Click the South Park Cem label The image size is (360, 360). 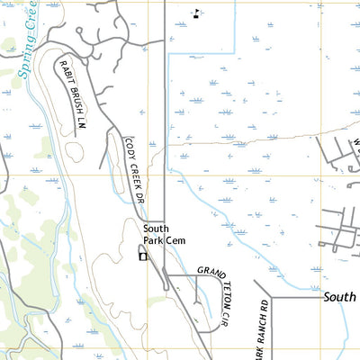(x=165, y=235)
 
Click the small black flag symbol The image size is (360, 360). (x=197, y=13)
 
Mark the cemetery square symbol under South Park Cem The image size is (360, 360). (x=141, y=256)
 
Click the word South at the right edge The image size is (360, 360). (x=340, y=296)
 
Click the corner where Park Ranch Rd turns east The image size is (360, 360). (x=268, y=296)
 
